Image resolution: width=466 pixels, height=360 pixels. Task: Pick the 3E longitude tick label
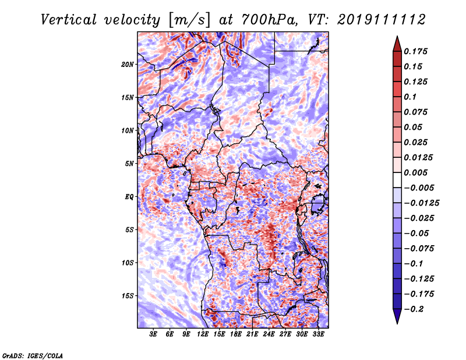click(154, 335)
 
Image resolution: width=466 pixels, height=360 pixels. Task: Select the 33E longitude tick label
click(319, 335)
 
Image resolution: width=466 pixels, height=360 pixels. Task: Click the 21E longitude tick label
click(252, 335)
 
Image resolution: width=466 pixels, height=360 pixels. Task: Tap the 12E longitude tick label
click(203, 335)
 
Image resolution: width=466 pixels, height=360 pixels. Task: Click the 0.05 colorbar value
click(414, 127)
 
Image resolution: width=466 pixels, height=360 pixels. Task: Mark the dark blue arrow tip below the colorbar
click(397, 319)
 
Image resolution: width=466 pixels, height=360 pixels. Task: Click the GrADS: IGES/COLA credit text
click(32, 355)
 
